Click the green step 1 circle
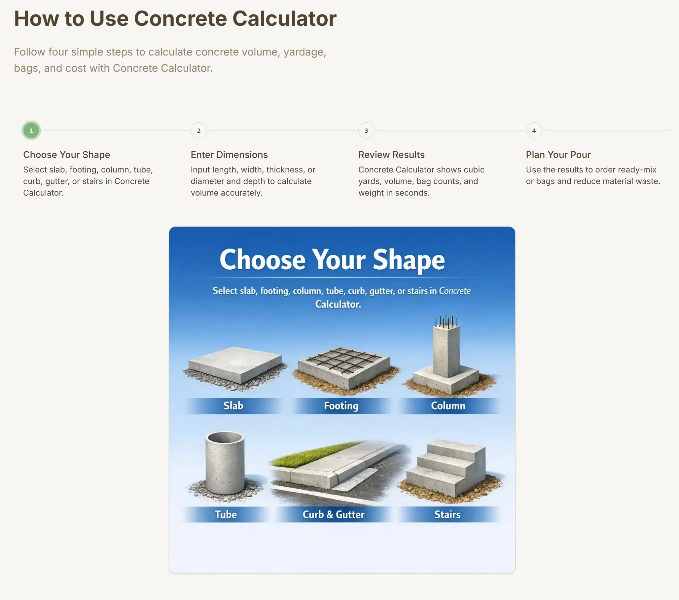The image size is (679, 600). coord(31,131)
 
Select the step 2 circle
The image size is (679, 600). coord(199,131)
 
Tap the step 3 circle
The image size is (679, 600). coord(366,131)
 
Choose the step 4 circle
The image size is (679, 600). coord(534,131)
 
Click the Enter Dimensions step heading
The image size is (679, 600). coord(229,155)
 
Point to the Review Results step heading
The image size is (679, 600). coord(391,155)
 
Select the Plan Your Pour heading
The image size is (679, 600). coord(558,155)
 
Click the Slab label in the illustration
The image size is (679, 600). coord(233,405)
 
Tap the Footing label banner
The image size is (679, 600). coord(341,406)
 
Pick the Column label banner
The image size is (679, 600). coord(448,406)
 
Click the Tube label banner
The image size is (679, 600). coord(226,514)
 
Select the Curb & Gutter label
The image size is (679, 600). coord(334,514)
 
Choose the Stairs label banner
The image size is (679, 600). coord(447,514)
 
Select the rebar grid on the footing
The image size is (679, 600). coord(344,360)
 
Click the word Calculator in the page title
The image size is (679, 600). coord(284,18)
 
